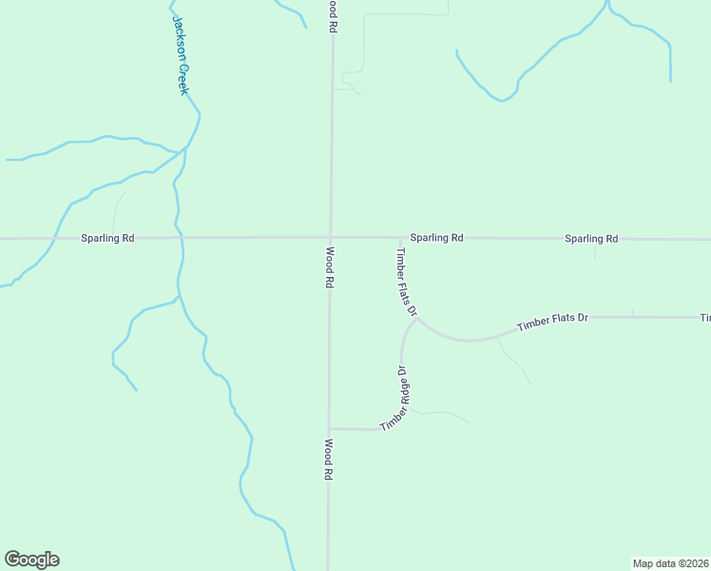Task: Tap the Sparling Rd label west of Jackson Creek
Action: tap(106, 238)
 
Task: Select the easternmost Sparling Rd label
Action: tap(591, 239)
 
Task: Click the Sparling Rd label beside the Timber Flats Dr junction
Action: tap(436, 238)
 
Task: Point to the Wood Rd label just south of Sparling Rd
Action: tap(329, 267)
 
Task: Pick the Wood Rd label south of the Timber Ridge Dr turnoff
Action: tap(328, 459)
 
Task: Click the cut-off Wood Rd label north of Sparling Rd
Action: tap(333, 17)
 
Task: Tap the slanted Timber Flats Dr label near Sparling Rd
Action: tap(407, 282)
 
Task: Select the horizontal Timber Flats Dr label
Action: tap(553, 321)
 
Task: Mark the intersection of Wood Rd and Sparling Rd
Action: tap(330, 238)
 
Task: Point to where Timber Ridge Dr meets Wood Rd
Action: tap(329, 428)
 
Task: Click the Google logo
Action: tap(31, 560)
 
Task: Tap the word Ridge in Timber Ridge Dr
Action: tap(404, 393)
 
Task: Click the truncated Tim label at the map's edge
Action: tap(704, 317)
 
